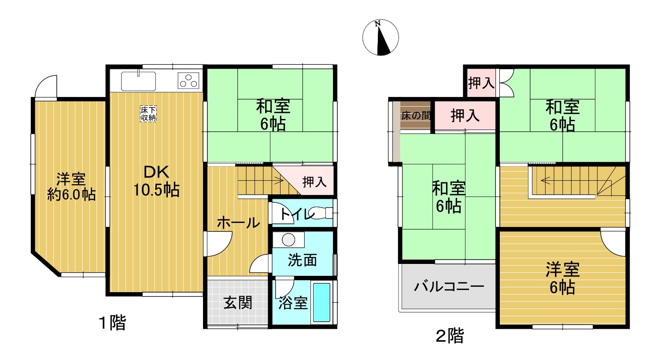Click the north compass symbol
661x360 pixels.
tap(380, 37)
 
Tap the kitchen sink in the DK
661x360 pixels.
tap(138, 81)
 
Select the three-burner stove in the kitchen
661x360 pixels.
tap(188, 81)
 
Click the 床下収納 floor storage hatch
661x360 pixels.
tap(148, 114)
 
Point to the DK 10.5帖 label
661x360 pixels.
tap(156, 181)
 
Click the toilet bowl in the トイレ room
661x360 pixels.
tap(320, 213)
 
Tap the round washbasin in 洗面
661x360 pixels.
tap(288, 240)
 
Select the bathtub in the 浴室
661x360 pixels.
tap(321, 302)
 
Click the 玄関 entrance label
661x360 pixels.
tap(238, 303)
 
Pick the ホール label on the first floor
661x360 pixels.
tap(238, 223)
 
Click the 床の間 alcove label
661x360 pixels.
tap(416, 115)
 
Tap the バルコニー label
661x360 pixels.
tap(449, 286)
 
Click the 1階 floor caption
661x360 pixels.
tap(112, 323)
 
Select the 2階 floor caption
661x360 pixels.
tap(450, 336)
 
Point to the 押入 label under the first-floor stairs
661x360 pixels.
tap(314, 182)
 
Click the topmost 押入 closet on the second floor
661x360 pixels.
tap(481, 83)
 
